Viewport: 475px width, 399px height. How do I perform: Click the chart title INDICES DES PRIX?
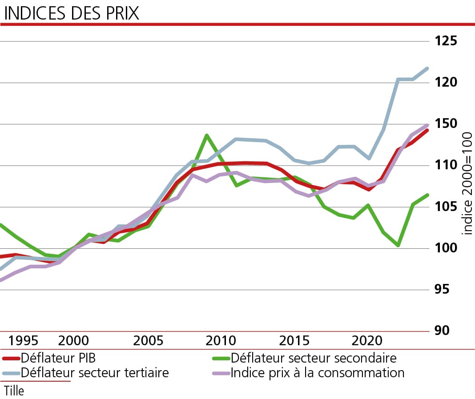pos(71,13)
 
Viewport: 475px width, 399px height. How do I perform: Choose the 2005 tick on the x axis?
pos(148,341)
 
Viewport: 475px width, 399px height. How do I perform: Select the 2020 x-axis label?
pos(367,341)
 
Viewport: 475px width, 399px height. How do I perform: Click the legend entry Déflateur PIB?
pos(58,358)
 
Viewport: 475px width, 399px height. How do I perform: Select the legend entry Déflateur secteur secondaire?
pos(313,358)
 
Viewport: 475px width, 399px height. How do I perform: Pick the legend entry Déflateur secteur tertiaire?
pos(95,372)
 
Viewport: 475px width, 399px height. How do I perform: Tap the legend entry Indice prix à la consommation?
pos(317,372)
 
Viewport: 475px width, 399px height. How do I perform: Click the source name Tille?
pos(14,391)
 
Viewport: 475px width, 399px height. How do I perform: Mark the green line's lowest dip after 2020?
pos(398,245)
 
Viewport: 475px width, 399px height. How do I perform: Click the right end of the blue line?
pos(427,68)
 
